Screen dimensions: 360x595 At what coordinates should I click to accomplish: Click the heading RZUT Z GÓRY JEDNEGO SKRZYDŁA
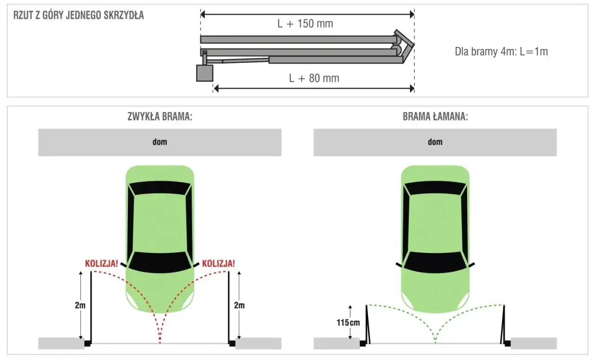[79, 15]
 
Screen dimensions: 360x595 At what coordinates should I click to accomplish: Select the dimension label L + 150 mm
[305, 24]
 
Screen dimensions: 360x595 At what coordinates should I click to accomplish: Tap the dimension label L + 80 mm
[314, 78]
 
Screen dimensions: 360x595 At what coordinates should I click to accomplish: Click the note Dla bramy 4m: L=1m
[501, 52]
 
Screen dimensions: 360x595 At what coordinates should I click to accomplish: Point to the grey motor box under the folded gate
[205, 73]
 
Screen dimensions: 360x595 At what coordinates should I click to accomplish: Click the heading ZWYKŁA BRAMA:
[160, 117]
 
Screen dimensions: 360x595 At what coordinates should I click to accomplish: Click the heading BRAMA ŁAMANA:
[435, 117]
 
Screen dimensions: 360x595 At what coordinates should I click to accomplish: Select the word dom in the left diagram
[159, 142]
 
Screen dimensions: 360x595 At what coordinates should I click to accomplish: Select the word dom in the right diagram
[435, 142]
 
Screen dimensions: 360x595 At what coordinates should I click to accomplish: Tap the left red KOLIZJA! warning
[100, 263]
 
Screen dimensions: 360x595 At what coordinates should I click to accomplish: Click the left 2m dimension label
[80, 306]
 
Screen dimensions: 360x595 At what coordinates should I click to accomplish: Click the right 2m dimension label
[239, 306]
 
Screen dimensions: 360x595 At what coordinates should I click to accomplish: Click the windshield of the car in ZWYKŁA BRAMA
[160, 262]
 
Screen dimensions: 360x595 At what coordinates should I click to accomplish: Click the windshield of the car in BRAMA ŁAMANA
[435, 262]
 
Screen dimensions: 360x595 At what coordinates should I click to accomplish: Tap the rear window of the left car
[160, 188]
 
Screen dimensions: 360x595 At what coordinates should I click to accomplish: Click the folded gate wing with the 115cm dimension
[367, 326]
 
